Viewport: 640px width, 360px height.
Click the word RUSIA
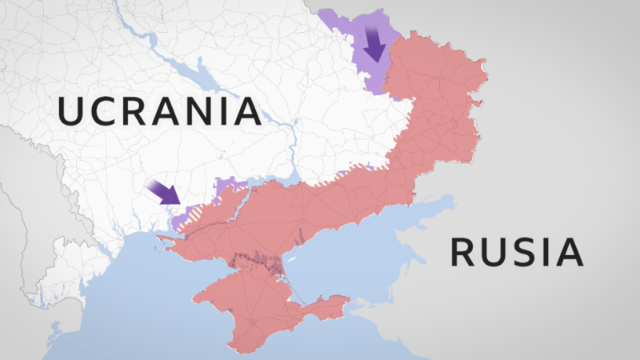(x=516, y=252)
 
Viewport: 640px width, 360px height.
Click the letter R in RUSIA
(x=464, y=252)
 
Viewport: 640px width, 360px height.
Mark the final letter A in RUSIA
(x=569, y=252)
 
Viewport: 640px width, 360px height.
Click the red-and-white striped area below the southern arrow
(x=192, y=217)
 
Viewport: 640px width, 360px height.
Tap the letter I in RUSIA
(x=546, y=252)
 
